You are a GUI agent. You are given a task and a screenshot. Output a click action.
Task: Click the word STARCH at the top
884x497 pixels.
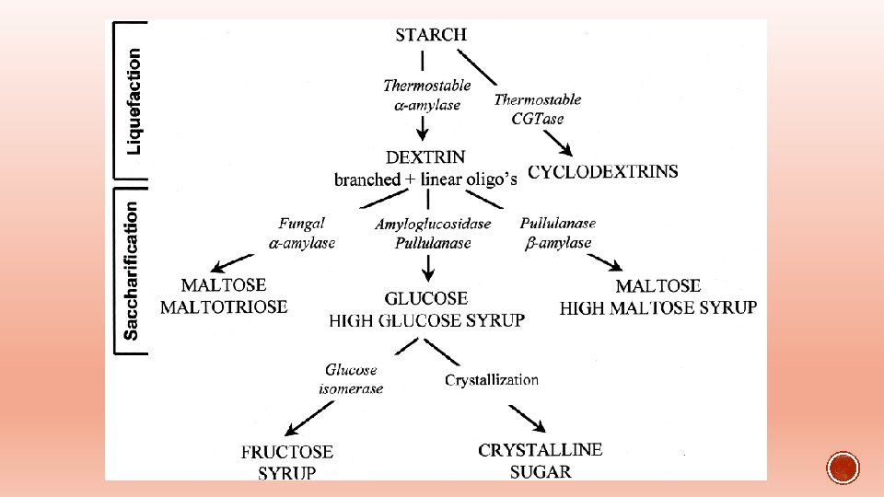(x=431, y=35)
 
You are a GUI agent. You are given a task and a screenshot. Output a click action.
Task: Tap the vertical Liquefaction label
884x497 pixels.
(x=134, y=101)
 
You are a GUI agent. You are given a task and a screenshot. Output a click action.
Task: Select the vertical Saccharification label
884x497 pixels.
(x=133, y=272)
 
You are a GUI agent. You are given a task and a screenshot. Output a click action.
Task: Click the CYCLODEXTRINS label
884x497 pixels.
(x=603, y=172)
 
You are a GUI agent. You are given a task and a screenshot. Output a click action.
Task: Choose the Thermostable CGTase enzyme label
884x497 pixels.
(x=538, y=109)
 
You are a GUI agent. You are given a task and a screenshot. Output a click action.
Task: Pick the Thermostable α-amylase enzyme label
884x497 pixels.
(x=426, y=95)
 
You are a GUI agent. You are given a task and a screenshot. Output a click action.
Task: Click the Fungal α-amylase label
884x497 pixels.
(x=302, y=233)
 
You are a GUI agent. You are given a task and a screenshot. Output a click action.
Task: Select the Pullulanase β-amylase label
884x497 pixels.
(x=558, y=233)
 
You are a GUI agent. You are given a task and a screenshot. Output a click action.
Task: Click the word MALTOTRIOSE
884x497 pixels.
(x=224, y=306)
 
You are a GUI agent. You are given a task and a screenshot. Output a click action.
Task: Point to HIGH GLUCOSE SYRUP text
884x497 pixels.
(x=427, y=320)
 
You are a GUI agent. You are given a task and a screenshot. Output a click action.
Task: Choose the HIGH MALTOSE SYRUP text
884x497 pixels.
(x=658, y=307)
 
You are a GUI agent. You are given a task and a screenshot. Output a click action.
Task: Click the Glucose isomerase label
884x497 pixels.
(x=351, y=379)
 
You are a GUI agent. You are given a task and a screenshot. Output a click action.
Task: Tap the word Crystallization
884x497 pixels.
(x=492, y=379)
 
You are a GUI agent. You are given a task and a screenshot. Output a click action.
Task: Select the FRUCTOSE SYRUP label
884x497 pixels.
(x=287, y=462)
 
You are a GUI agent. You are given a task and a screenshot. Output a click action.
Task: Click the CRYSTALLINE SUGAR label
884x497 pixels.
(x=541, y=460)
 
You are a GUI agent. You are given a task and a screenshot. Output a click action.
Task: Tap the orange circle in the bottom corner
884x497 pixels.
(x=843, y=468)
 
